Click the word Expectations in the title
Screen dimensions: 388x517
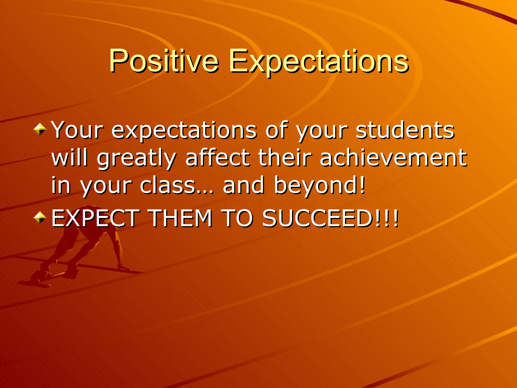[319, 62]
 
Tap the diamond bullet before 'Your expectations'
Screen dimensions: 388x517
[40, 129]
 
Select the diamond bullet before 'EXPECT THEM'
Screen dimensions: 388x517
[40, 217]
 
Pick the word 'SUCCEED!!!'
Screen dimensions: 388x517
[330, 218]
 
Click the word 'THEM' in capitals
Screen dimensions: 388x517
[181, 218]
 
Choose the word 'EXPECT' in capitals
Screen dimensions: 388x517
[95, 218]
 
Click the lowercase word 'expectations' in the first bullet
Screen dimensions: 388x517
[184, 131]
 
